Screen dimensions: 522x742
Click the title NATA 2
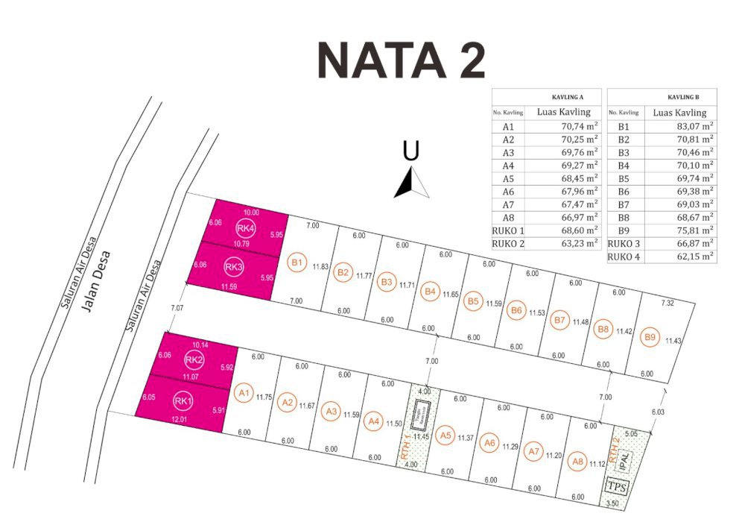[x=402, y=60]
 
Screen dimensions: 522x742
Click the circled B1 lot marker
[x=297, y=262]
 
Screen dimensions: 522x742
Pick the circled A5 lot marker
[x=445, y=435]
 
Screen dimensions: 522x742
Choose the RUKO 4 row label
[x=623, y=257]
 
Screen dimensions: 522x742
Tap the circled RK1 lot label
[x=183, y=401]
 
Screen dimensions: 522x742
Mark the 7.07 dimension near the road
[x=176, y=307]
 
